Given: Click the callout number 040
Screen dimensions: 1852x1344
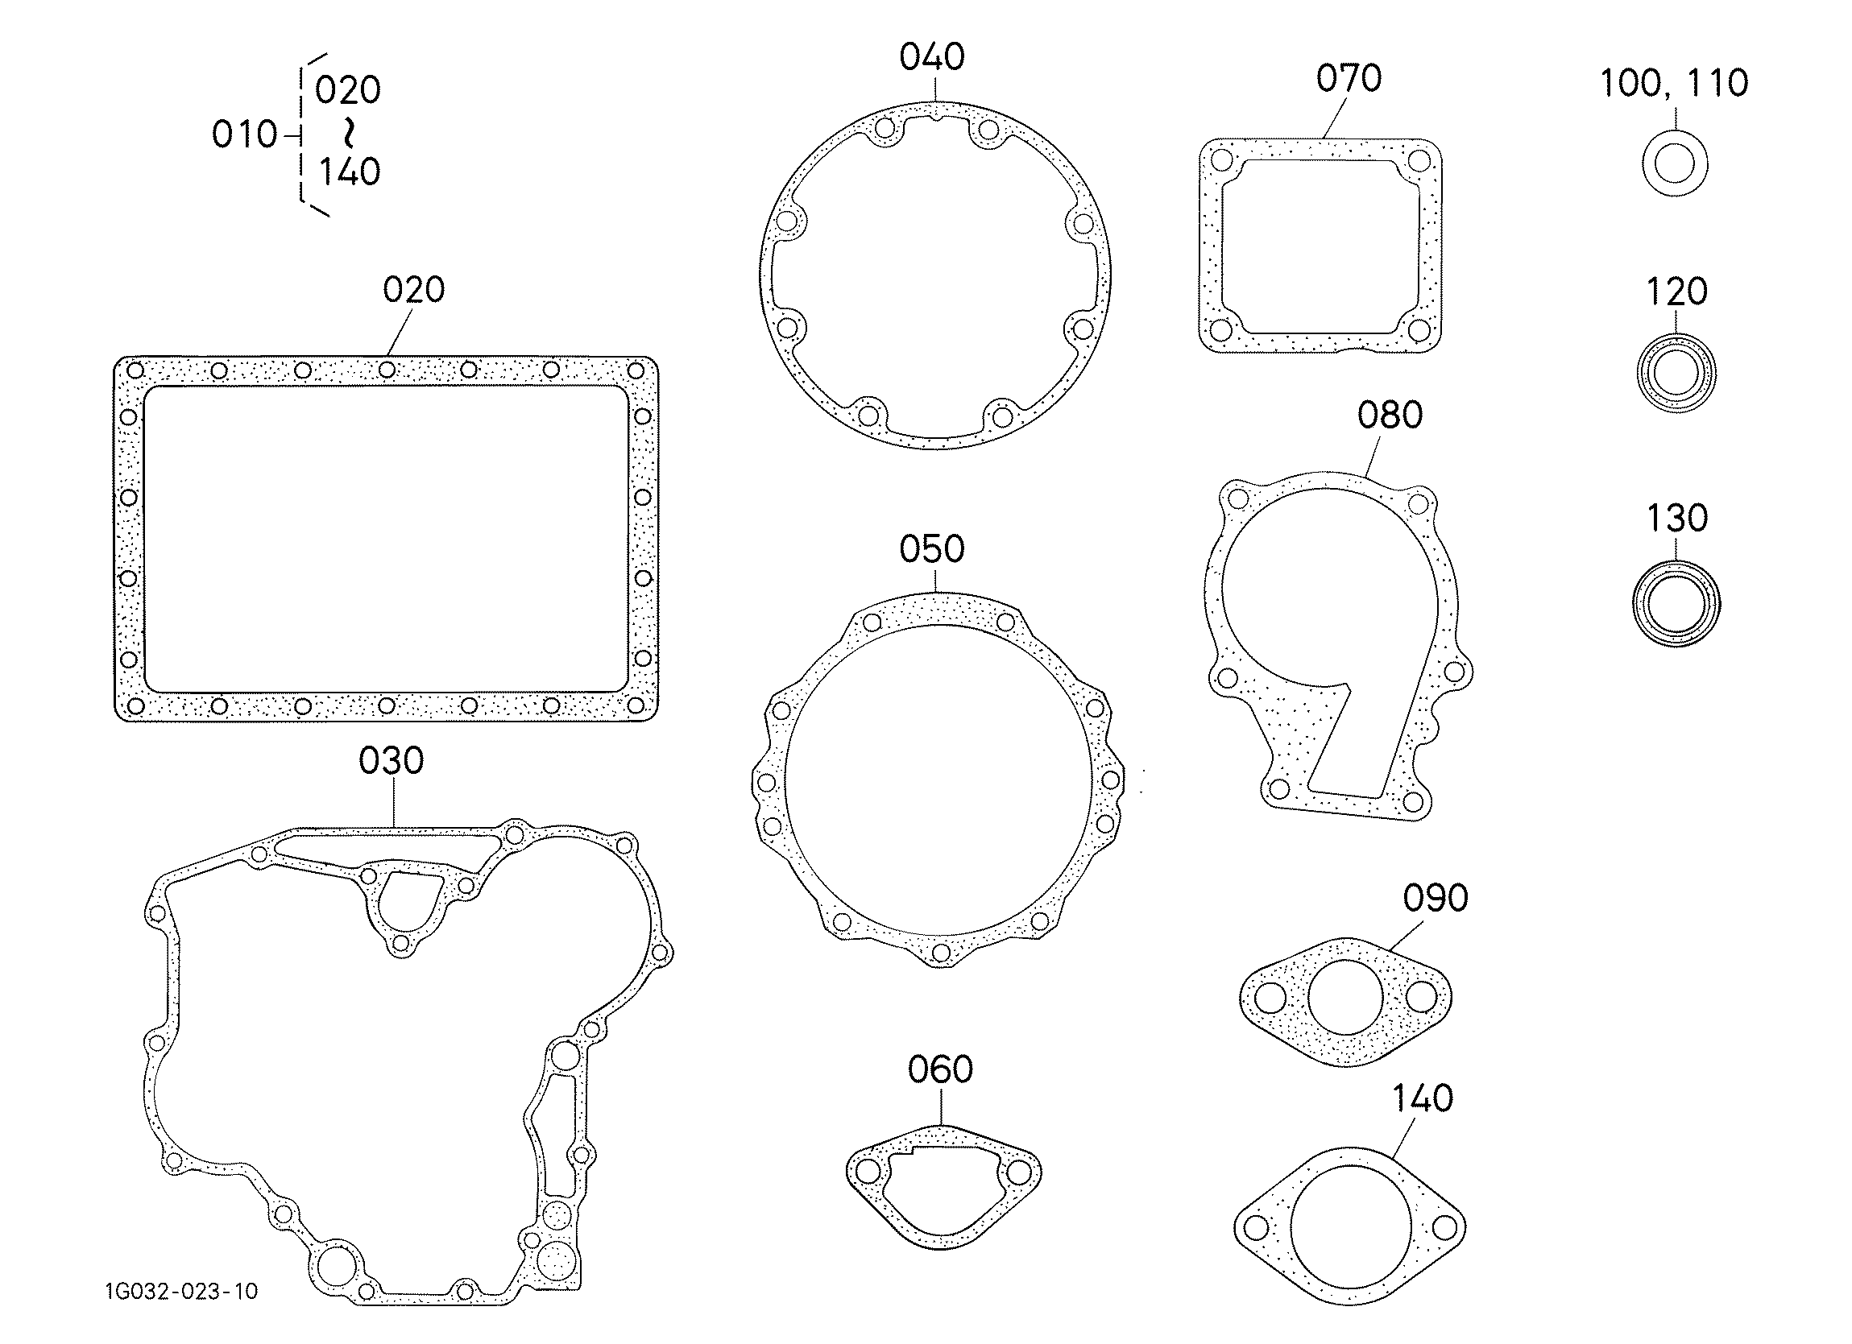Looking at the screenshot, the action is pyautogui.click(x=932, y=56).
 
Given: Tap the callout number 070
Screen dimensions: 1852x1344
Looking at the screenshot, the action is pyautogui.click(x=1349, y=78).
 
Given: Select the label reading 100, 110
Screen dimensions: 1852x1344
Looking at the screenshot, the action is pyautogui.click(x=1673, y=83).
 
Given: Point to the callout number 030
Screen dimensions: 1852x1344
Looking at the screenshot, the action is pyautogui.click(x=392, y=760).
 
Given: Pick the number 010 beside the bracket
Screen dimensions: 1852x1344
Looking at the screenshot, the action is pyautogui.click(x=244, y=134).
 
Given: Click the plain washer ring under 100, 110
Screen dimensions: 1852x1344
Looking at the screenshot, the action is pyautogui.click(x=1675, y=164).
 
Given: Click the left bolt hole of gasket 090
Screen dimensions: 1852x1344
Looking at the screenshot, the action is pyautogui.click(x=1270, y=997).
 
